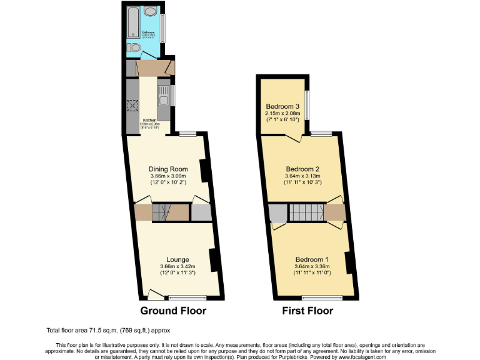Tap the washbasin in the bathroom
[x=151, y=12]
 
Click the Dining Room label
[x=168, y=169]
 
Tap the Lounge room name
[x=177, y=259]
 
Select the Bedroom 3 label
[x=283, y=106]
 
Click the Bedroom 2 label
[x=302, y=169]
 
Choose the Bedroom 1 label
[x=311, y=259]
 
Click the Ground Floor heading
[x=173, y=311]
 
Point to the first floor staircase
[x=306, y=212]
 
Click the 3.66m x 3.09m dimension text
[x=168, y=177]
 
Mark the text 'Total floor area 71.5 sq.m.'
[x=92, y=330]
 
